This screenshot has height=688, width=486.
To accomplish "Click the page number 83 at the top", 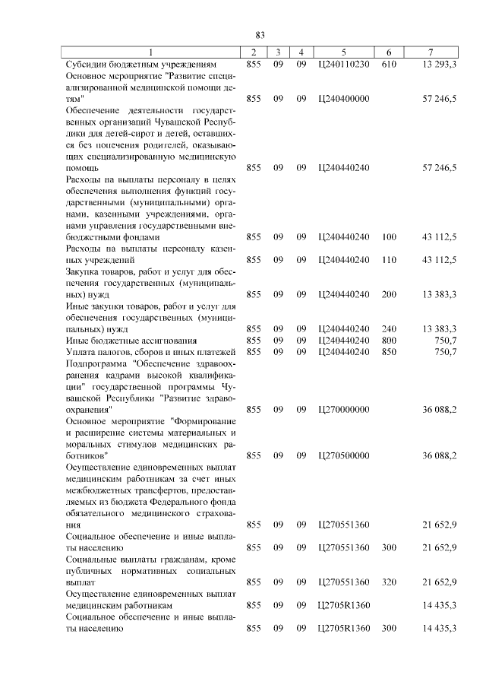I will tap(260, 36).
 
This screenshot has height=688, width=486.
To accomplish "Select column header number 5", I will tap(344, 52).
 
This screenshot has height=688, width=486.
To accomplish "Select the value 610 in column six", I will tap(389, 65).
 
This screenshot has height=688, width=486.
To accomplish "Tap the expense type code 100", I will tap(389, 237).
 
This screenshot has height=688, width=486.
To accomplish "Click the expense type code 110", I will tap(389, 260).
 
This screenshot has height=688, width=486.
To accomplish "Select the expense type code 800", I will tap(389, 340).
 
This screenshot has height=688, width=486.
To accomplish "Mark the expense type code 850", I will tap(389, 351).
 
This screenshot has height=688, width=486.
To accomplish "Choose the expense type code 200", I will tap(389, 294).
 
